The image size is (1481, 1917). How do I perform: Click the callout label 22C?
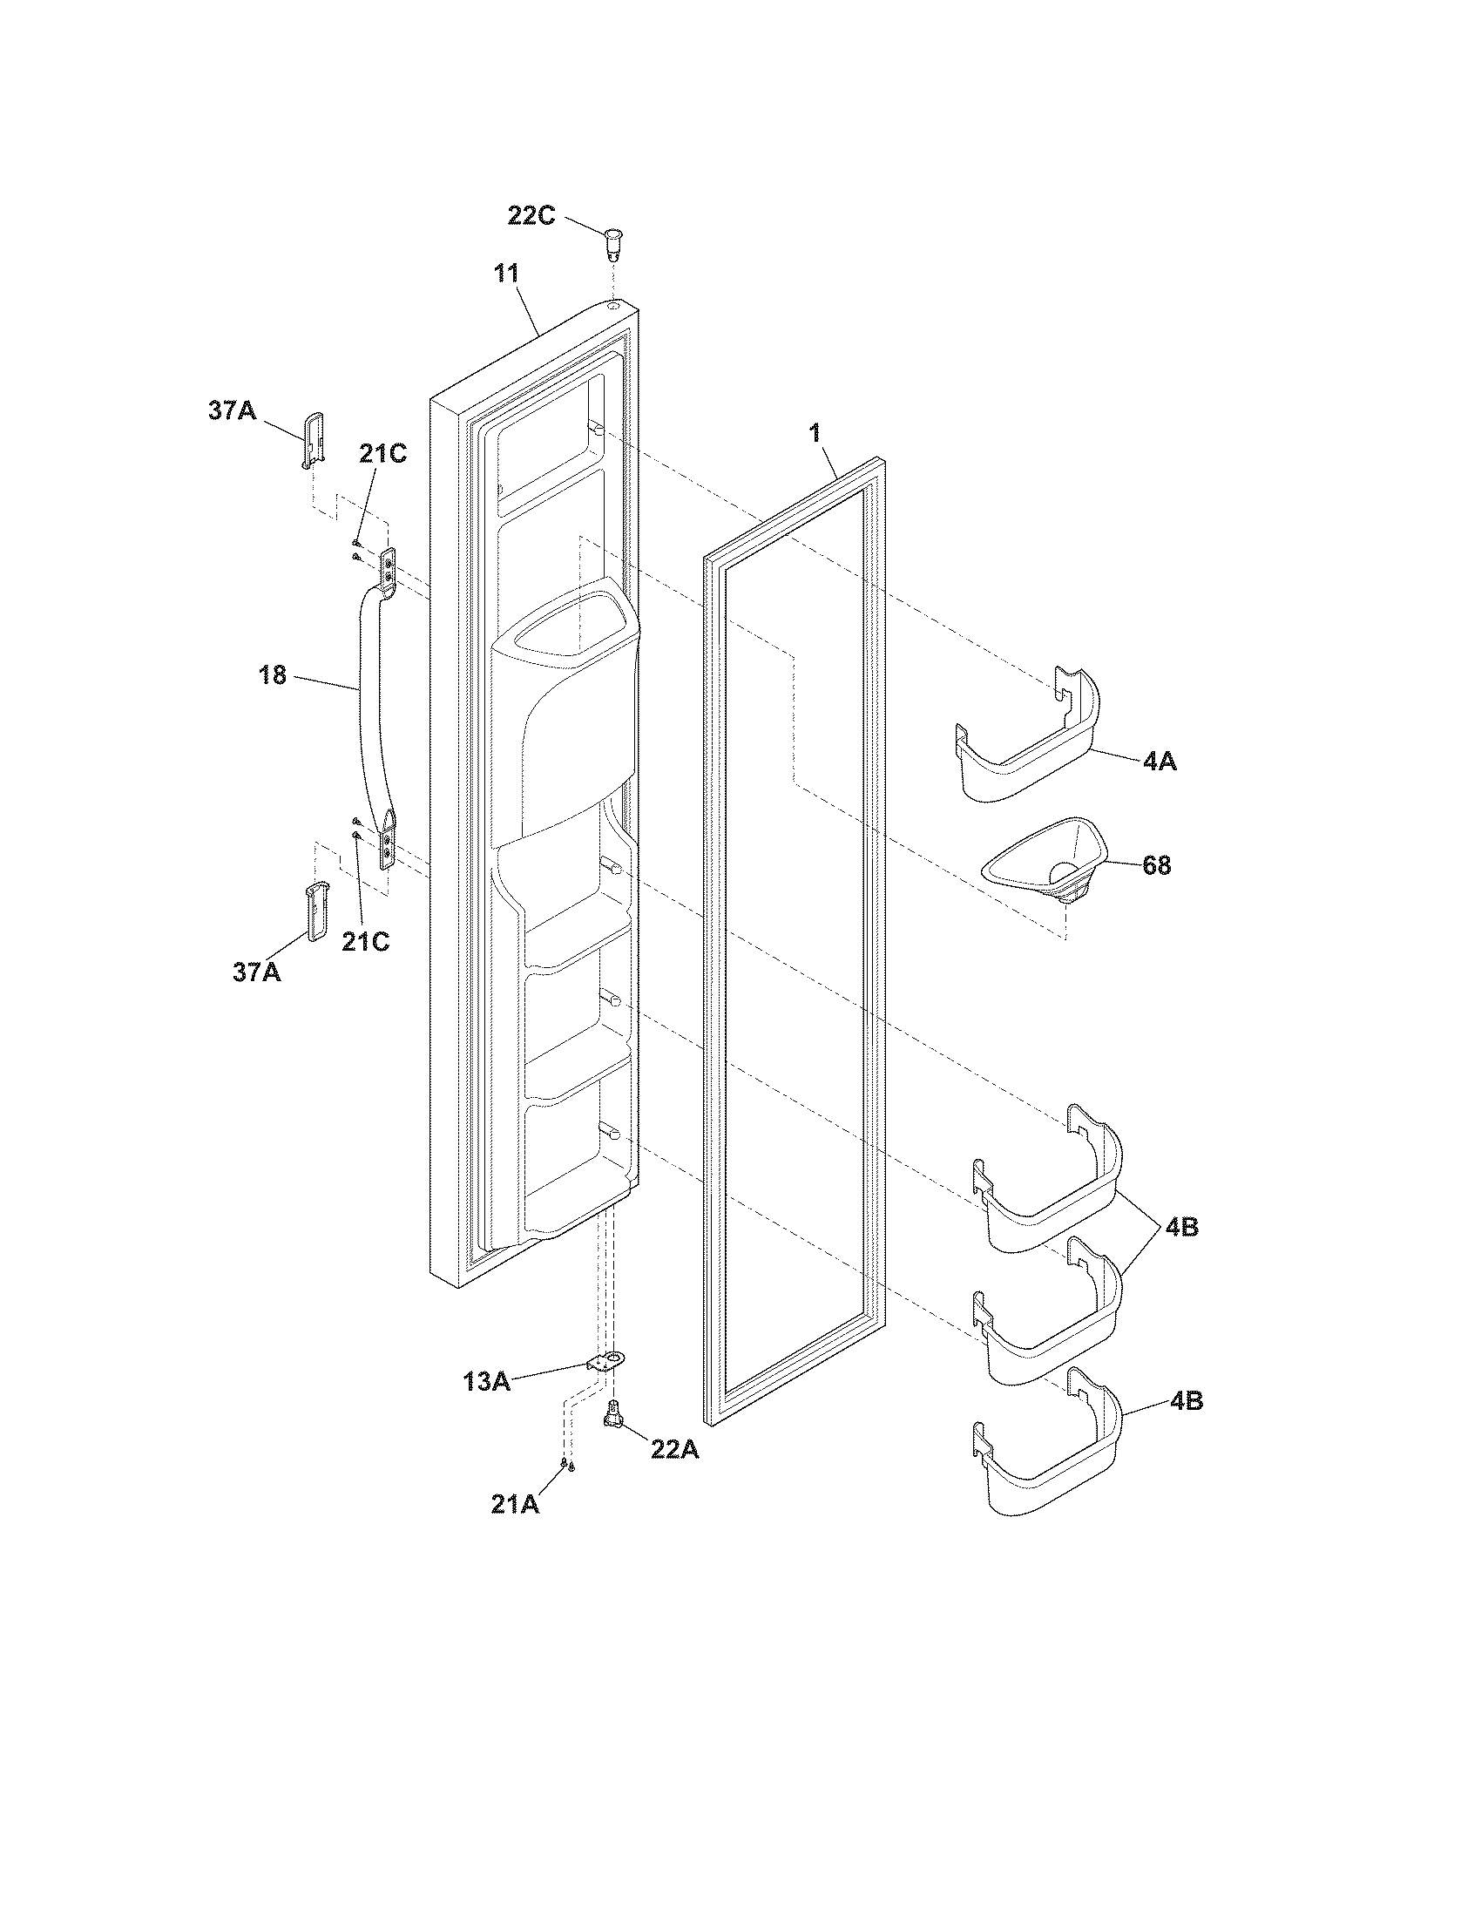[531, 216]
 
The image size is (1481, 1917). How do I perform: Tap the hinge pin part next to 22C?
[615, 242]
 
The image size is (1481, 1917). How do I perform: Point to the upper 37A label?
[232, 410]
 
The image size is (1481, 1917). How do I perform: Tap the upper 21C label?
[382, 454]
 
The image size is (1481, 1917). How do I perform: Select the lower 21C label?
[365, 942]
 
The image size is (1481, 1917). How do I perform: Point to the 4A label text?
[1159, 762]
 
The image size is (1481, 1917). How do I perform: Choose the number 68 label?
[1156, 865]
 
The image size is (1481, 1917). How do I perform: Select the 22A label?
[673, 1449]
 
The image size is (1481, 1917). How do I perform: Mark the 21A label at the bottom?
[515, 1505]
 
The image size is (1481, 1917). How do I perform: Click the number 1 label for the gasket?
[815, 434]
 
